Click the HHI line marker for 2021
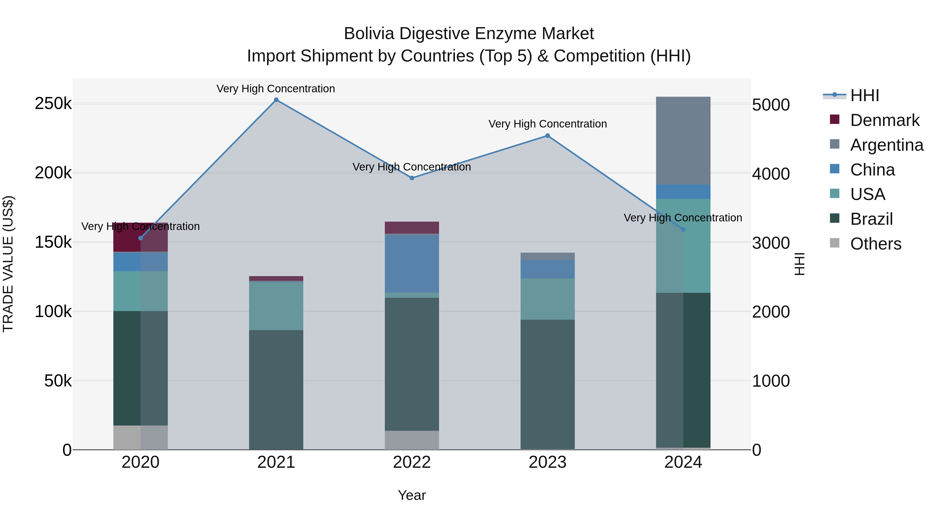tap(276, 100)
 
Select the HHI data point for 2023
tap(547, 136)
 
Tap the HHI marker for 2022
tap(412, 178)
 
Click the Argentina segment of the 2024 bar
tap(683, 141)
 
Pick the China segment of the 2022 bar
tap(412, 264)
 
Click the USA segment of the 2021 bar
tap(276, 306)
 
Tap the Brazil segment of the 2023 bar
tap(547, 384)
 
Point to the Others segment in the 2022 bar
tap(412, 440)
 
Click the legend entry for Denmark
tap(885, 120)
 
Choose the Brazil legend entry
tap(871, 219)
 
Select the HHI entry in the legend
tap(865, 95)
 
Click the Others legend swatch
tap(835, 243)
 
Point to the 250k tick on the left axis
tap(53, 104)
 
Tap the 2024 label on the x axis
tap(683, 462)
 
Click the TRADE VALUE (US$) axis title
tap(8, 264)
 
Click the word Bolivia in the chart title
tap(369, 34)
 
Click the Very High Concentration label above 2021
tap(276, 89)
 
